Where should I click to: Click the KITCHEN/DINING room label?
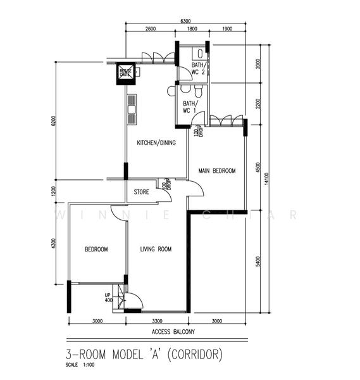tap(156, 143)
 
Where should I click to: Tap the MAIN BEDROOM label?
tap(216, 171)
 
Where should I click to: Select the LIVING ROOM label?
tap(156, 250)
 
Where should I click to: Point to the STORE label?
tap(141, 192)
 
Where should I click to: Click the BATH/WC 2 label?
tap(198, 69)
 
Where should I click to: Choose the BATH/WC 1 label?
tap(190, 107)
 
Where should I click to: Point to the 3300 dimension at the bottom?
tap(157, 321)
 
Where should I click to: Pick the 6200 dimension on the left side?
tap(53, 121)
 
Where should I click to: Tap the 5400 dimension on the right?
tap(258, 261)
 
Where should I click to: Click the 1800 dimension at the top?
tap(191, 29)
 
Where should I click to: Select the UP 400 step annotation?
tap(108, 298)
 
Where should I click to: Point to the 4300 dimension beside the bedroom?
tap(53, 243)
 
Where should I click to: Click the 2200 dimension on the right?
tap(258, 104)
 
